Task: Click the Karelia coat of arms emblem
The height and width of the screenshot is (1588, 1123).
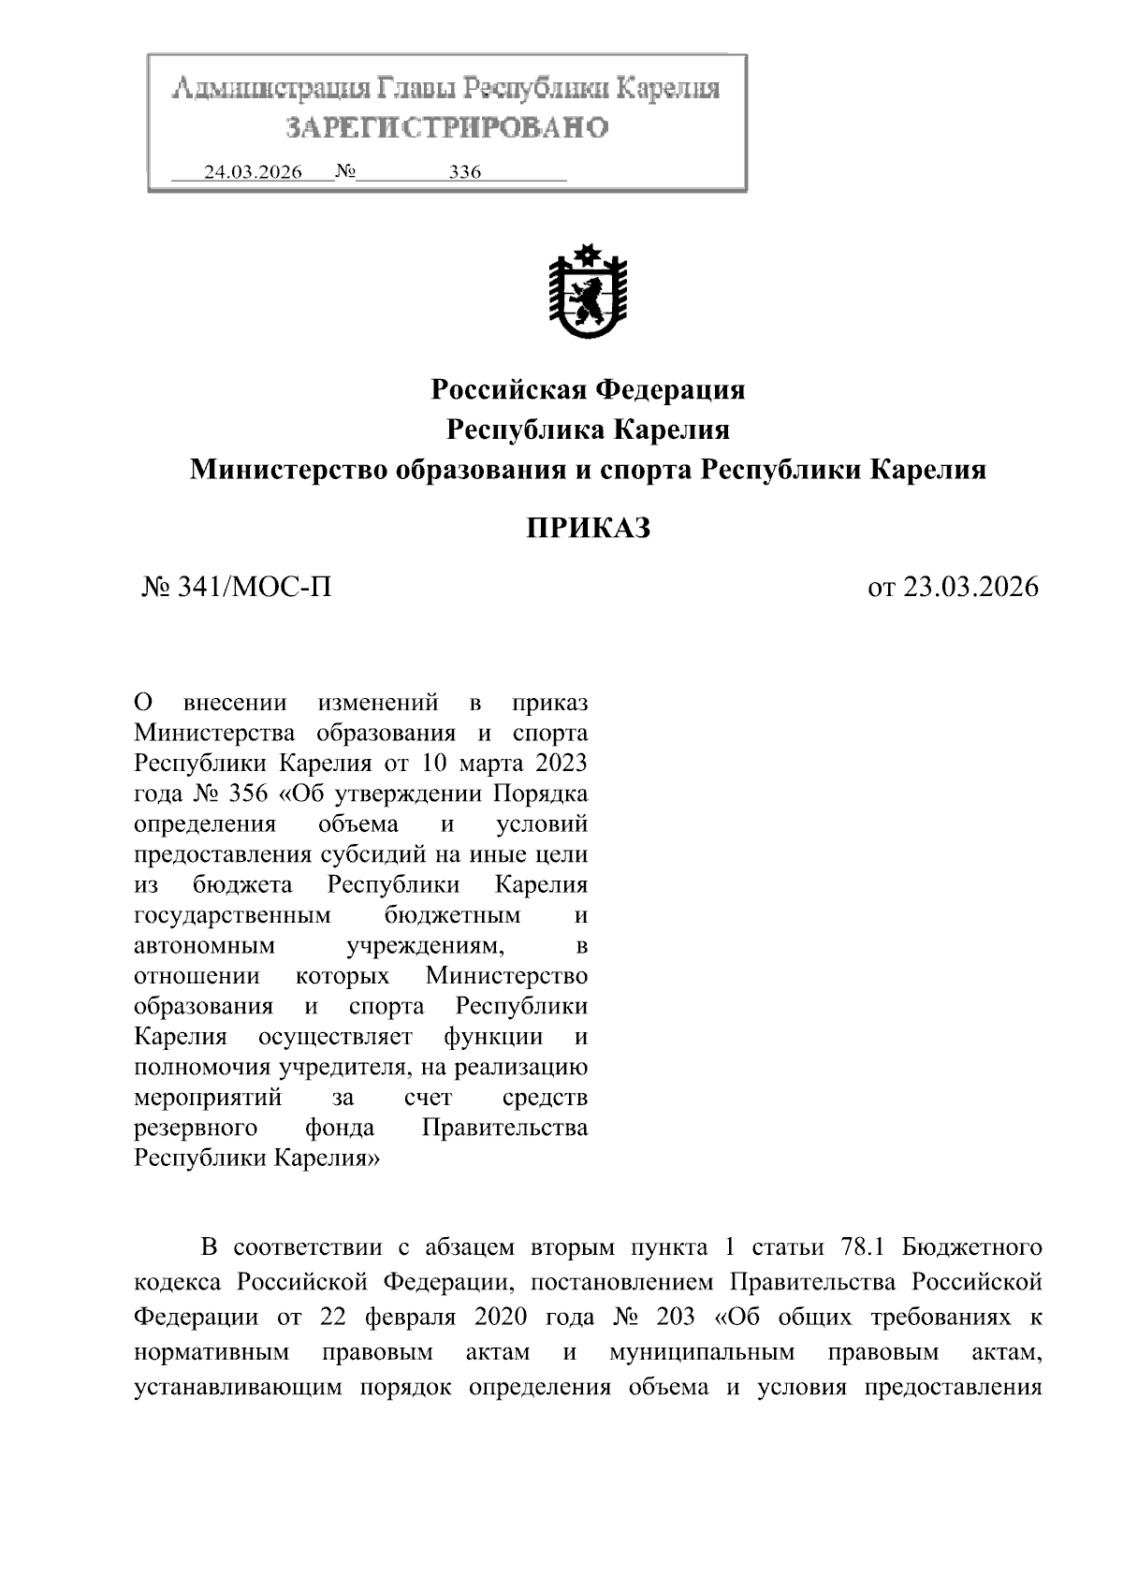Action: click(588, 294)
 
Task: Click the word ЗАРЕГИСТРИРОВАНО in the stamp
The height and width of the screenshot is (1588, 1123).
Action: click(446, 127)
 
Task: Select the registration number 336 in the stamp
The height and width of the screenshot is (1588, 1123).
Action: click(464, 173)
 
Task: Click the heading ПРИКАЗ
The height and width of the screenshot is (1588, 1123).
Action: click(587, 529)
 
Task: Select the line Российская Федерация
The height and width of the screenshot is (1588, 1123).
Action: click(588, 389)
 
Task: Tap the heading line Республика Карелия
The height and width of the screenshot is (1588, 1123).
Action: click(588, 430)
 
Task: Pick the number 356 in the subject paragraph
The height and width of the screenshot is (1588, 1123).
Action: click(248, 794)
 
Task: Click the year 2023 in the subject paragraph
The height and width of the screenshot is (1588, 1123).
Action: click(561, 763)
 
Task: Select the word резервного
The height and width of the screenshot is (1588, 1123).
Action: click(196, 1128)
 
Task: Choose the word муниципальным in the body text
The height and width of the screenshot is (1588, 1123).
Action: click(701, 1352)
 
